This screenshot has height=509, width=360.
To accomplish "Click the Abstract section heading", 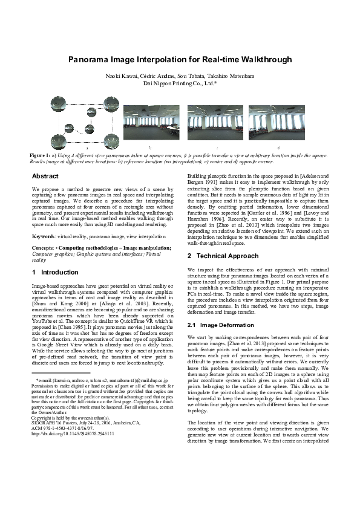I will pos(45,177).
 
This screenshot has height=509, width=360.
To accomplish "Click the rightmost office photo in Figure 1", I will pos(279,125).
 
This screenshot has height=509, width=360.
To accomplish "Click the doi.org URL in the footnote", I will pos(73,451).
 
